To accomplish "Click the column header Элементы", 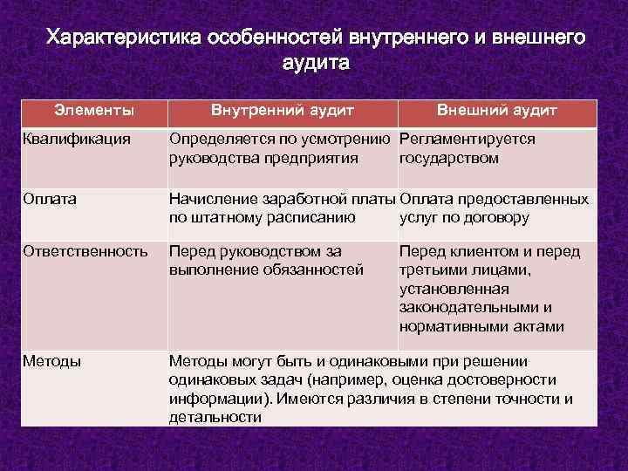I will [x=93, y=111].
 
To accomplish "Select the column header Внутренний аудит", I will [x=283, y=111].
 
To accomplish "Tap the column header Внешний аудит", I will [x=496, y=111].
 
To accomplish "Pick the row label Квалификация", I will [x=77, y=139].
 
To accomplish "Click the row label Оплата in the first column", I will [x=50, y=199].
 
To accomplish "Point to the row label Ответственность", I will [x=85, y=251].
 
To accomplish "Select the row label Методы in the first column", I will [x=52, y=361].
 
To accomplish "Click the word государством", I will [x=449, y=158].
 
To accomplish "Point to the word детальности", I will [x=215, y=418].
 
